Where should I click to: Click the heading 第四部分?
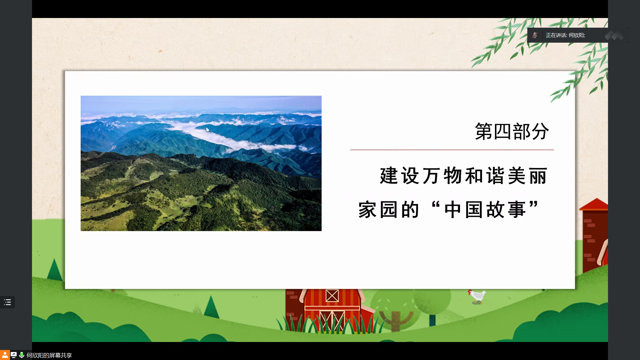coord(512,131)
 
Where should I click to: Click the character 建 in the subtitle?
coord(389,176)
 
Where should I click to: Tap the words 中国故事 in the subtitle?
coord(485,210)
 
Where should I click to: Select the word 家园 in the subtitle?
coord(378,210)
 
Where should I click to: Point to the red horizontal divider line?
coord(452,150)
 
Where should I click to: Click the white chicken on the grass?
coord(477,296)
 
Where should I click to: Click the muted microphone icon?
coord(535,35)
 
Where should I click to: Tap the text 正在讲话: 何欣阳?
coord(565,35)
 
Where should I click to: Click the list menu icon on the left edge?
coord(7,302)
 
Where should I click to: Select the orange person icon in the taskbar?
coord(5,355)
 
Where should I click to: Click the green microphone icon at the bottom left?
coord(22,355)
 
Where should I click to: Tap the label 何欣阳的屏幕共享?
coord(49,355)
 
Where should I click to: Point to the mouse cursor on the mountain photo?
coord(208,130)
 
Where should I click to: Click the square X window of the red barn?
coord(332,296)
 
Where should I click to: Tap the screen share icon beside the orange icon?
coord(14,355)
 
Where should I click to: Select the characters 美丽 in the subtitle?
coord(528,176)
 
